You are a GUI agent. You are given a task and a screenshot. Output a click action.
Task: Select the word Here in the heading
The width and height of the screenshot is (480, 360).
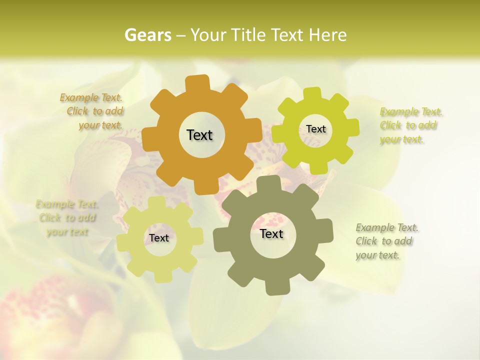tap(328, 35)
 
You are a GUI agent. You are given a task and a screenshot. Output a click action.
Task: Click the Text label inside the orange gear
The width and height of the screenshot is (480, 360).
tap(199, 135)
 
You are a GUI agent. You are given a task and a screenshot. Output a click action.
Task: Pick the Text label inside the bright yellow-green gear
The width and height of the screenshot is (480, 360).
tap(315, 129)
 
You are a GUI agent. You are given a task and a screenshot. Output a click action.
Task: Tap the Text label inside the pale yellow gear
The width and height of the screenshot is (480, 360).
tap(159, 238)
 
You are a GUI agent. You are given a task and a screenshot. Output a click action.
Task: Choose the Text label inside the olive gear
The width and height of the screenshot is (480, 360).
tap(271, 233)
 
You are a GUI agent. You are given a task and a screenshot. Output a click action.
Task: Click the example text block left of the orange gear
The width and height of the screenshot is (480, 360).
tap(93, 111)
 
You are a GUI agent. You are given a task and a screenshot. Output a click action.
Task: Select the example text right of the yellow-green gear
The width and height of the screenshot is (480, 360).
tap(410, 125)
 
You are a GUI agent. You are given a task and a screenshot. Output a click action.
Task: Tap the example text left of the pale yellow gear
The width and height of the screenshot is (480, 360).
tap(67, 218)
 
